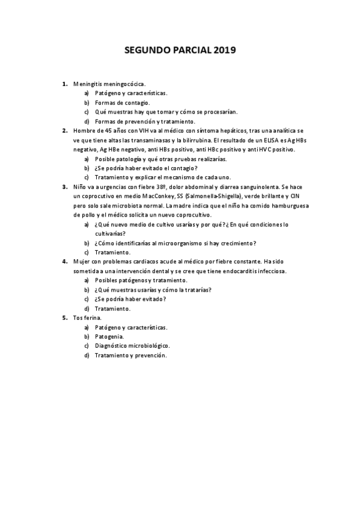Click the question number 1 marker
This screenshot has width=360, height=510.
click(x=64, y=84)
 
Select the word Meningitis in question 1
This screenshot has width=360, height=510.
click(x=87, y=84)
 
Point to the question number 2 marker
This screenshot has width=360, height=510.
click(x=64, y=131)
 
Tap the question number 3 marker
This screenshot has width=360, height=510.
click(x=64, y=186)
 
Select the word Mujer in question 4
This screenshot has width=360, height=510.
click(x=81, y=262)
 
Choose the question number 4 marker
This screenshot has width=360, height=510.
click(x=64, y=262)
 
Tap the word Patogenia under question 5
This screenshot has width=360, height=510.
click(x=110, y=337)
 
